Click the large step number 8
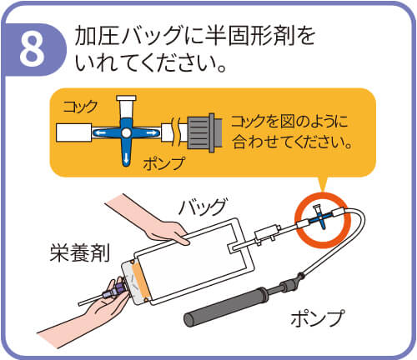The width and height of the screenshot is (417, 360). click(32, 50)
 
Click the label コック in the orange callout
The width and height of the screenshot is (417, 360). click(80, 107)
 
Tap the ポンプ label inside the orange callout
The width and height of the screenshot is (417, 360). click(164, 162)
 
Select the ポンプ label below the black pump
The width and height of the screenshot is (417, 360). click(318, 317)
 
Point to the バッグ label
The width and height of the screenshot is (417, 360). click(203, 207)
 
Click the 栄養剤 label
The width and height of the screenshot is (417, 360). click(80, 252)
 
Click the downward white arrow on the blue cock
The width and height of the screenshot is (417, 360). click(126, 158)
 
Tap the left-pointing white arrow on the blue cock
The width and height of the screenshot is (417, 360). click(100, 133)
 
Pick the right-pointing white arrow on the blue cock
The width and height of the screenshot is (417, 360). click(152, 133)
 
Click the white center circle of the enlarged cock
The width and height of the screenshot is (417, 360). click(126, 133)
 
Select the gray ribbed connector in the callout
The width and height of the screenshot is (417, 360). click(204, 132)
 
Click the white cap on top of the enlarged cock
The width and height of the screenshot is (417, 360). click(126, 98)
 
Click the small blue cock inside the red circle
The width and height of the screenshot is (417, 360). click(321, 217)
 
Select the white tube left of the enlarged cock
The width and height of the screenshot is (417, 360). click(73, 132)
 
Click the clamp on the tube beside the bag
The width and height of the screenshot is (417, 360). click(266, 234)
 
